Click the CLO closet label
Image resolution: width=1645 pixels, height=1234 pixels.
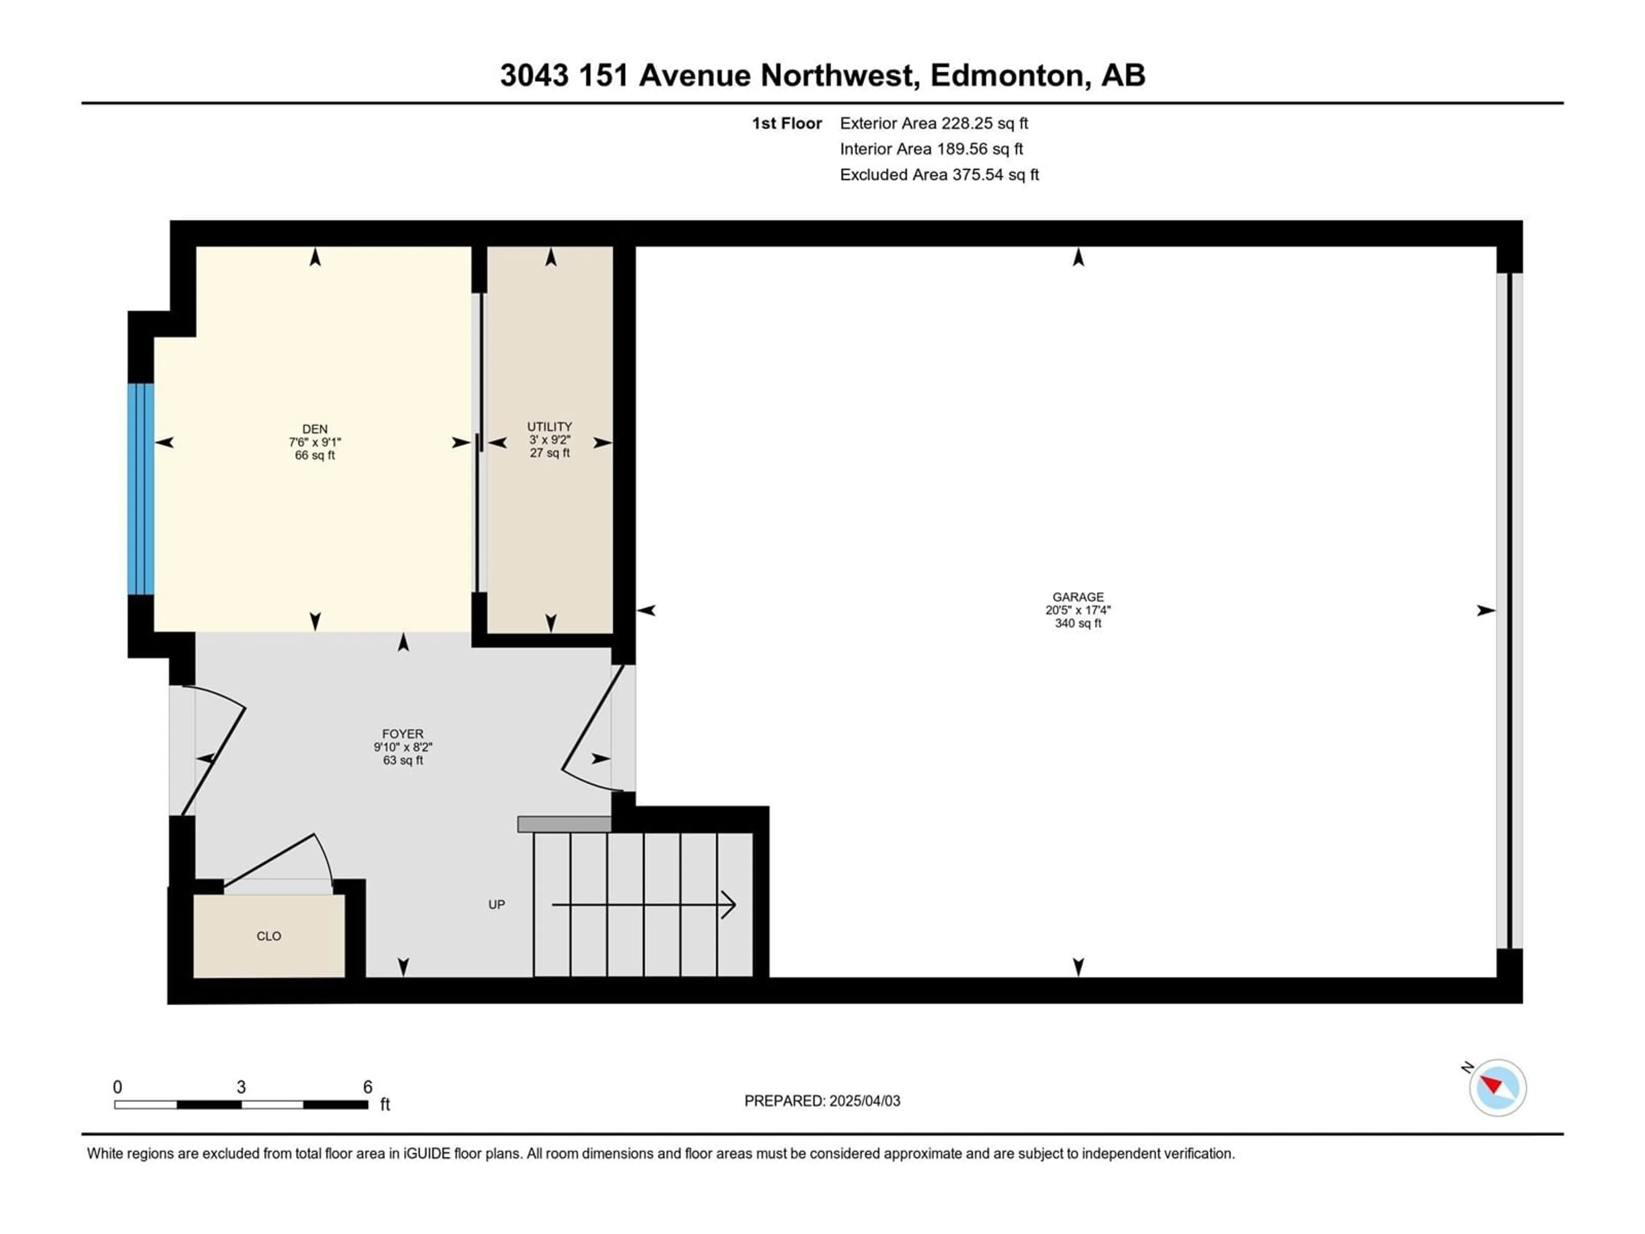coord(269,937)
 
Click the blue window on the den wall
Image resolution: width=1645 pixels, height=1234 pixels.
coord(141,489)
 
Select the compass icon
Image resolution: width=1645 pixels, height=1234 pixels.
coord(1497,1087)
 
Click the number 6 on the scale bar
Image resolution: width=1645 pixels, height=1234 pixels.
coord(368,1087)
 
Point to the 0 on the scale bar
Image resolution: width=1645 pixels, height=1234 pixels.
coord(117,1087)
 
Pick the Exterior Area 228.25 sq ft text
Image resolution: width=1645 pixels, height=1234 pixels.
coord(934,123)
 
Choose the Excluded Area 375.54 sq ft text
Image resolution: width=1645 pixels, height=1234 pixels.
coord(939,175)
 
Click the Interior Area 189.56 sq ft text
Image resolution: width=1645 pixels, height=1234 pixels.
coord(932,149)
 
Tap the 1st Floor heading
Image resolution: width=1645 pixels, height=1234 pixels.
coord(787,123)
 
